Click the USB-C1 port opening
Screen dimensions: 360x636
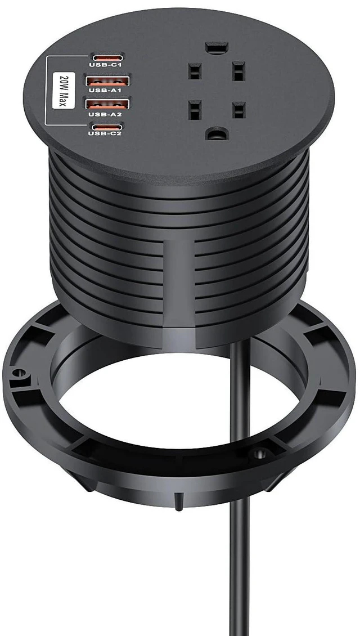[106, 57]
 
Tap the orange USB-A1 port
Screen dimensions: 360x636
[107, 80]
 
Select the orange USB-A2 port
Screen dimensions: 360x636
[107, 104]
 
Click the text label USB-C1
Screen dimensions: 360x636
[105, 64]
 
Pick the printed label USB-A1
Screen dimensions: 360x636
[105, 91]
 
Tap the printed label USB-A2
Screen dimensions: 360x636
[105, 114]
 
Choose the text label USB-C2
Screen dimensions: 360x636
[105, 133]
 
